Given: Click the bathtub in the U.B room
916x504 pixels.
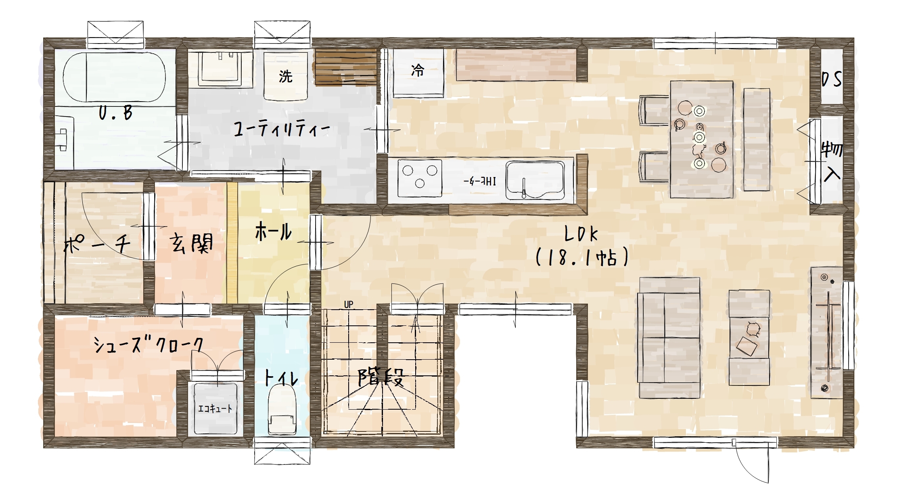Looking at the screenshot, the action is pyautogui.click(x=114, y=77).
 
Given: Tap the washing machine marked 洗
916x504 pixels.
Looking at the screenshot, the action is pyautogui.click(x=286, y=76).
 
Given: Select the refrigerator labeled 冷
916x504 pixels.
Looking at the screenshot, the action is pyautogui.click(x=418, y=73).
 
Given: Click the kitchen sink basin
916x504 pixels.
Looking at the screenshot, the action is pyautogui.click(x=535, y=180).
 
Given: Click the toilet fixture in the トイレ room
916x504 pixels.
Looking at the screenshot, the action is pyautogui.click(x=282, y=409).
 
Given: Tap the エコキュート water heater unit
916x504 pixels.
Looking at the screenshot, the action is pyautogui.click(x=215, y=408).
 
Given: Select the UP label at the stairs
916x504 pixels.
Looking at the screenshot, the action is pyautogui.click(x=349, y=304).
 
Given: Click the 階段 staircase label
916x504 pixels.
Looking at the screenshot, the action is pyautogui.click(x=381, y=378).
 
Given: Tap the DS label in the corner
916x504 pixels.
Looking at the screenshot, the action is pyautogui.click(x=832, y=79).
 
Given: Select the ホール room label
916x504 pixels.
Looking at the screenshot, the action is pyautogui.click(x=273, y=232).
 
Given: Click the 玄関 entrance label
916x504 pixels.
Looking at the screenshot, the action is pyautogui.click(x=191, y=244).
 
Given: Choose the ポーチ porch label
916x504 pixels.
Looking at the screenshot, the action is pyautogui.click(x=97, y=244).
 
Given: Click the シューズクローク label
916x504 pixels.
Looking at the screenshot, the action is pyautogui.click(x=148, y=345).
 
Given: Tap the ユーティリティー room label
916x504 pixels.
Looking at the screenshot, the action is pyautogui.click(x=282, y=129).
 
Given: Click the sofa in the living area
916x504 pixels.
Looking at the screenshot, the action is pyautogui.click(x=669, y=338).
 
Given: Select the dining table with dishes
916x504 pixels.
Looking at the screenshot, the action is pyautogui.click(x=702, y=140).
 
